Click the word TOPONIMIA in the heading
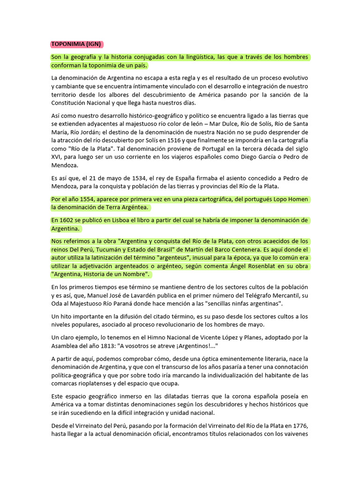68,45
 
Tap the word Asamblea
67,345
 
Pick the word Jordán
85,132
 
